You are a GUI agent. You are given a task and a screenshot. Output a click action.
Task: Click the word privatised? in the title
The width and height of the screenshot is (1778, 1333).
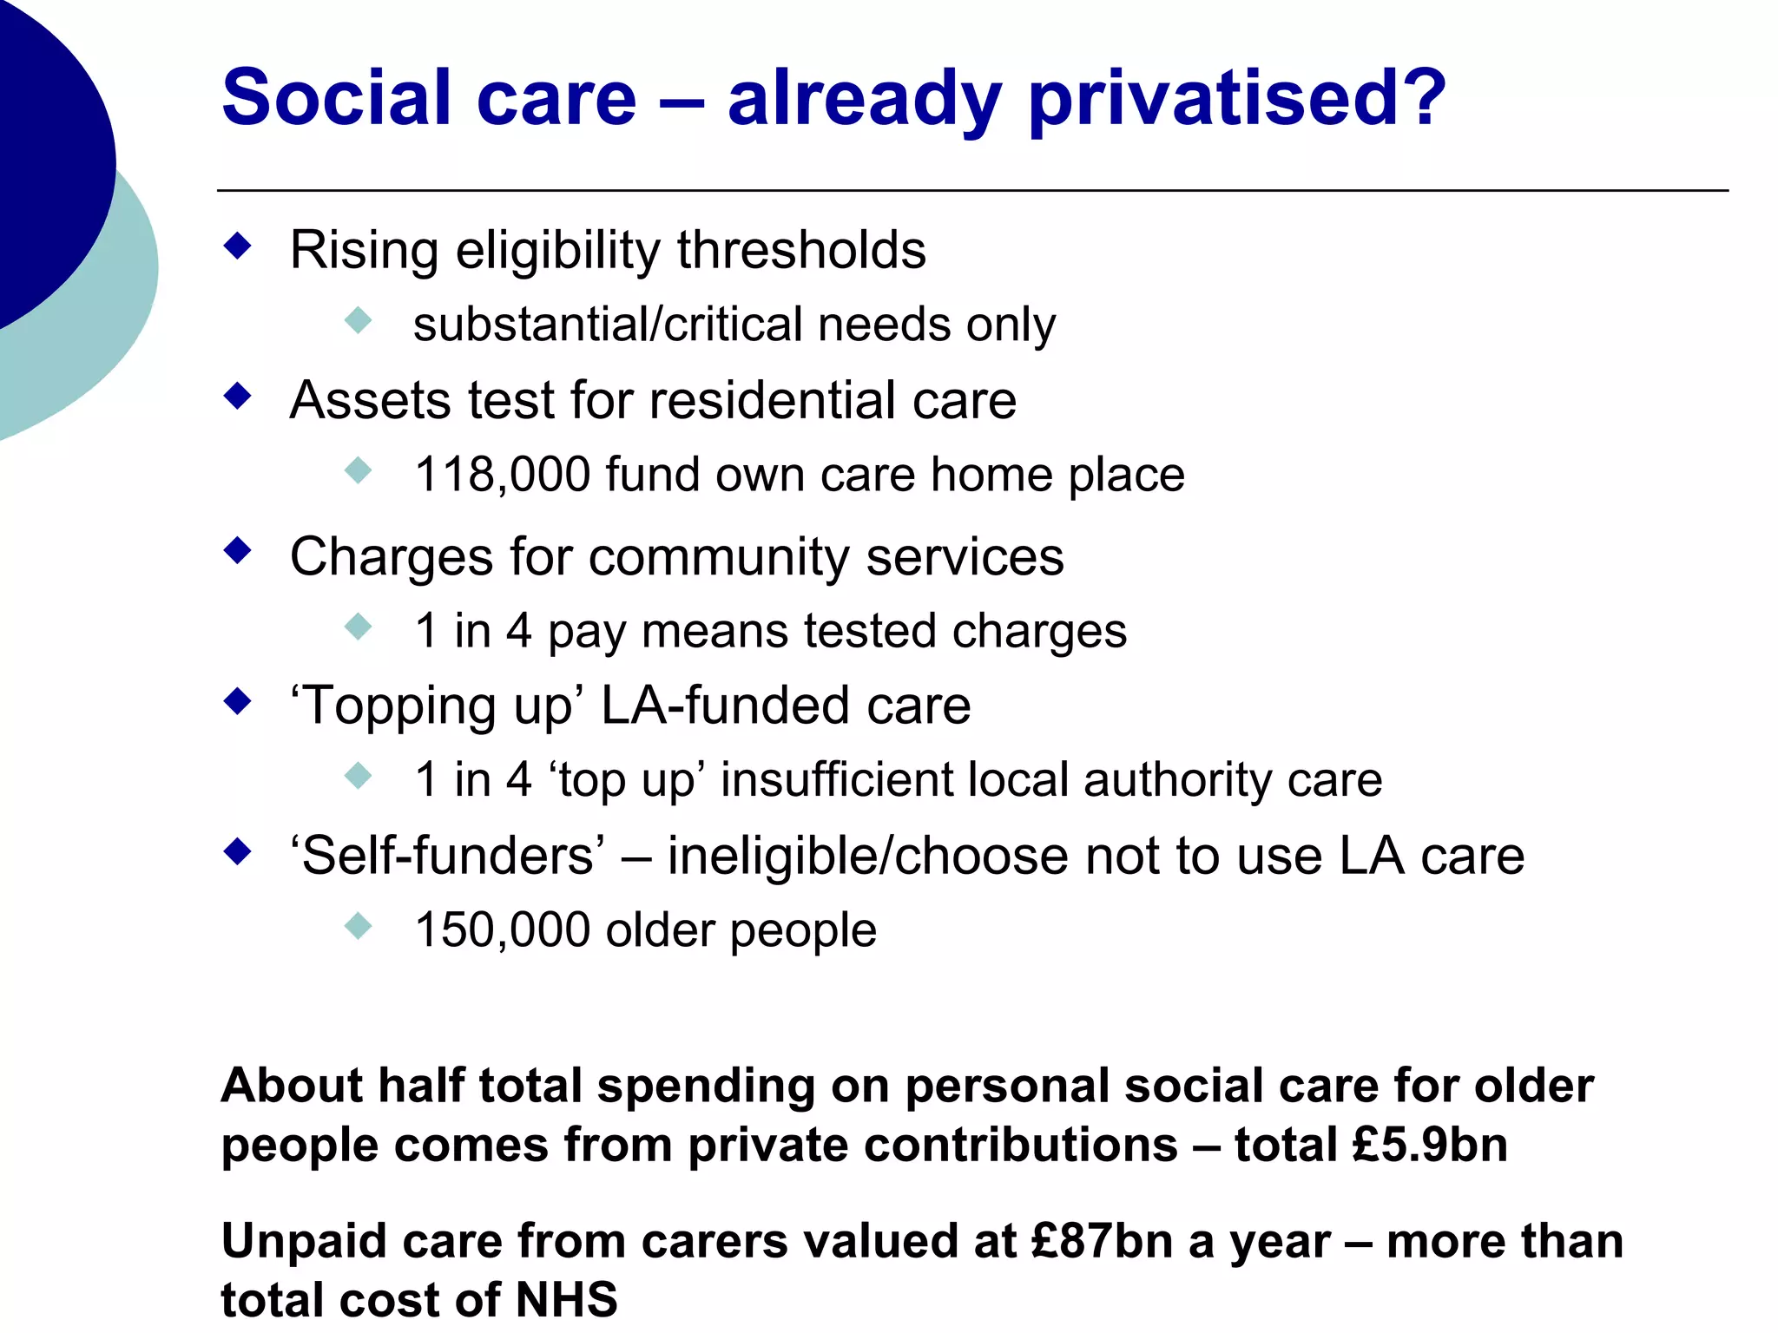click(1237, 98)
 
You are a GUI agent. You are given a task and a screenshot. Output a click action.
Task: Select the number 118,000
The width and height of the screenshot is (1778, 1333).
click(503, 475)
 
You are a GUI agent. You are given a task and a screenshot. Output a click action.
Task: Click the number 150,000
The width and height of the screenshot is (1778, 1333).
click(503, 929)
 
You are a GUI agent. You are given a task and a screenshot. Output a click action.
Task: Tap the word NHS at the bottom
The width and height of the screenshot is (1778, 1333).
click(566, 1299)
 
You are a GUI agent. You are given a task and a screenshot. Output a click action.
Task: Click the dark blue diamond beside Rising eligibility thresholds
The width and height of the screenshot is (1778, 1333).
click(237, 246)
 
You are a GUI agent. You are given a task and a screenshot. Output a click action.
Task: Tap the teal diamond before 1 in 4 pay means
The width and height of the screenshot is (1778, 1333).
click(358, 626)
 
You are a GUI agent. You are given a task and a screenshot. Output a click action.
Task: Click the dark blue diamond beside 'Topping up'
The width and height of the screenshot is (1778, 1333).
click(237, 700)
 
